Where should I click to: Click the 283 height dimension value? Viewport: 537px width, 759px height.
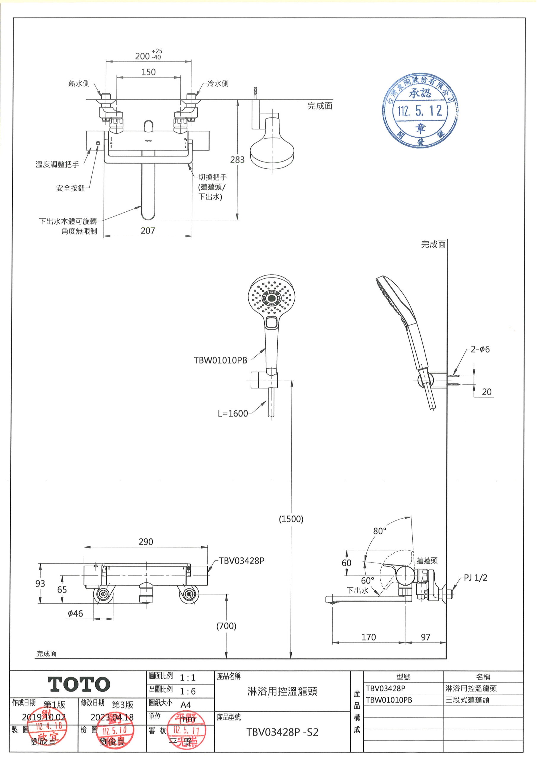click(237, 160)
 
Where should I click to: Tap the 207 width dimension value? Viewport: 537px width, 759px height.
click(147, 231)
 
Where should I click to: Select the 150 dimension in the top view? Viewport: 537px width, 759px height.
click(148, 72)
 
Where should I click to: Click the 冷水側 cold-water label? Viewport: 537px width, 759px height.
click(218, 84)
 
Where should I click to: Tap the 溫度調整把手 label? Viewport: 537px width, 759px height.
click(57, 164)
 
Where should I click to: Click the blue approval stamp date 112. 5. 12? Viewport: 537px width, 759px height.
click(420, 111)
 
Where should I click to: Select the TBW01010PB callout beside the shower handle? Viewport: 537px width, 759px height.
click(220, 360)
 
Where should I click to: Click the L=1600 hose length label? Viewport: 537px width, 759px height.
click(233, 414)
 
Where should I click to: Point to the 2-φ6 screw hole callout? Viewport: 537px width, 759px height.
click(480, 349)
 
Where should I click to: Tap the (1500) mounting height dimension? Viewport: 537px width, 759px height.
click(291, 519)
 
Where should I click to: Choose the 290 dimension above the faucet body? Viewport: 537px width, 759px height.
click(146, 541)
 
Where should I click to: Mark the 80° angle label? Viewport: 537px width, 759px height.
click(379, 531)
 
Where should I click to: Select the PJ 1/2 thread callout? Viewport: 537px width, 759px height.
click(476, 578)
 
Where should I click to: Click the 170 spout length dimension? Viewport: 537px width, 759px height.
click(368, 637)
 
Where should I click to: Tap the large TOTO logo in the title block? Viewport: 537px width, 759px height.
click(79, 684)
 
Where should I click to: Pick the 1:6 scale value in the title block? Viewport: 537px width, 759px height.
click(188, 691)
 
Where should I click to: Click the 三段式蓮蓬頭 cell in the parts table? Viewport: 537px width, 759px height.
click(467, 700)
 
